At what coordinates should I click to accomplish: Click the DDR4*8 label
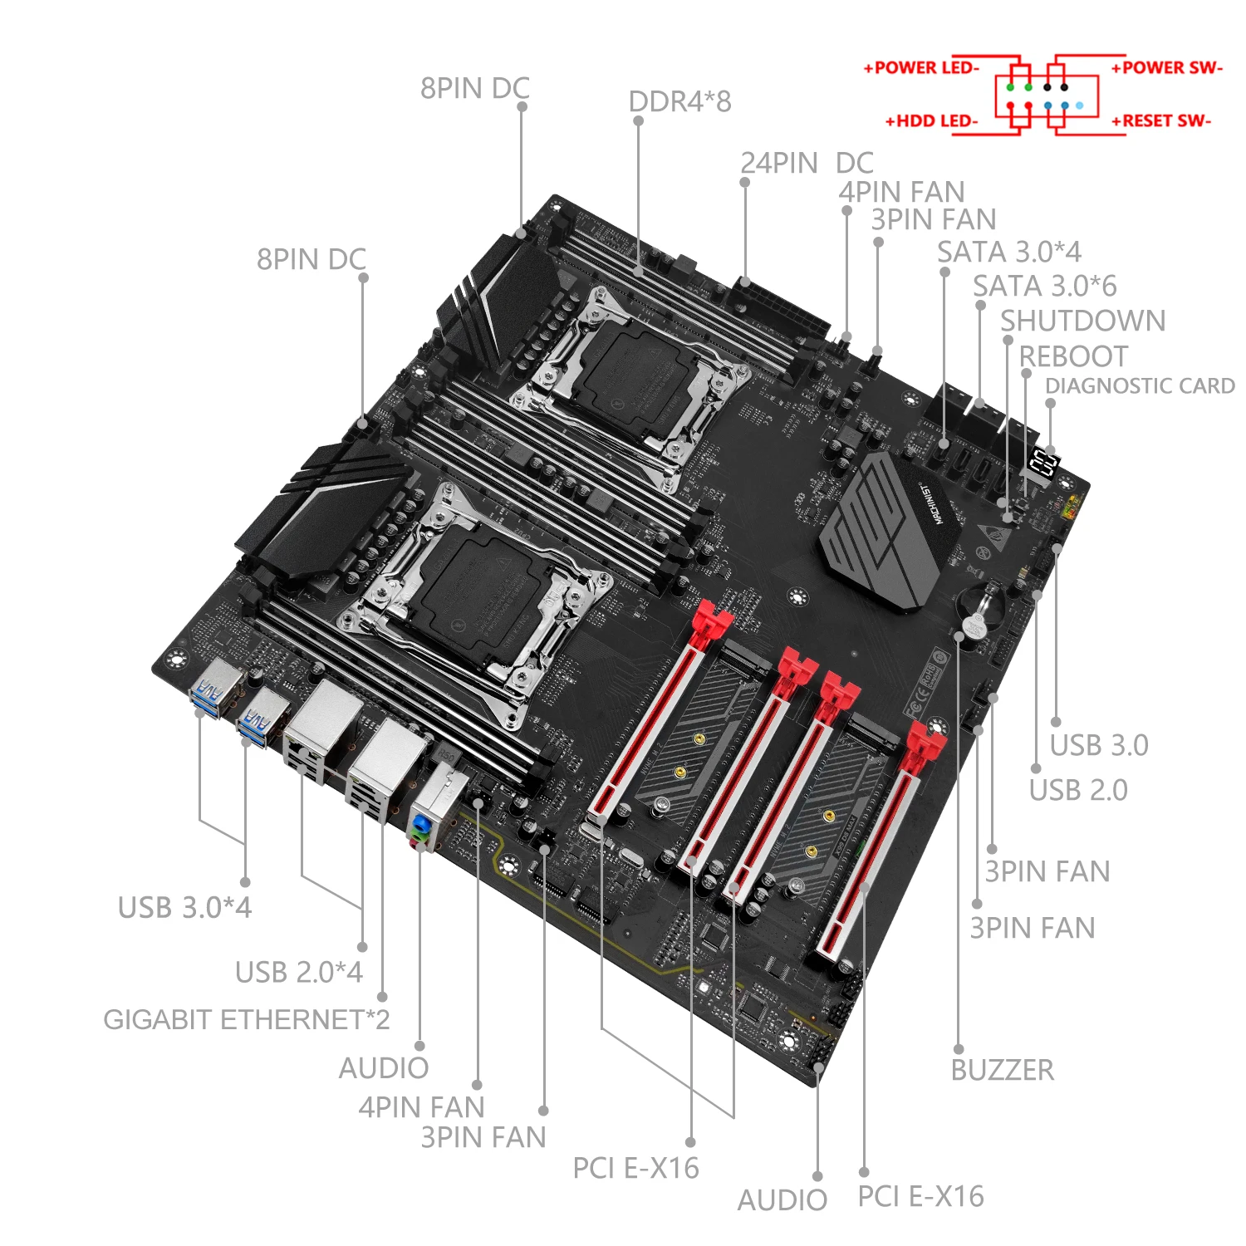pyautogui.click(x=679, y=101)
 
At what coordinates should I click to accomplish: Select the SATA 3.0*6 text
pyautogui.click(x=1044, y=286)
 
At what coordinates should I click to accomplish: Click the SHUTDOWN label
pyautogui.click(x=1082, y=321)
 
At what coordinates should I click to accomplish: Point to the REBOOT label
pyautogui.click(x=1073, y=356)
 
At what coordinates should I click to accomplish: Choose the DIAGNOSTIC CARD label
pyautogui.click(x=1140, y=386)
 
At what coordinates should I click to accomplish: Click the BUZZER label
pyautogui.click(x=1002, y=1070)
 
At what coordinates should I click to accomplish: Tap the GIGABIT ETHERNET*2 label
pyautogui.click(x=246, y=1019)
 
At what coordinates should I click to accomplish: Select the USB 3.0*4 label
pyautogui.click(x=184, y=907)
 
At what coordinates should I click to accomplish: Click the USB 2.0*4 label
pyautogui.click(x=298, y=972)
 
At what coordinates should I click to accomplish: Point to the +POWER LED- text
pyautogui.click(x=921, y=68)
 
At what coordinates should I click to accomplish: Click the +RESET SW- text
pyautogui.click(x=1161, y=121)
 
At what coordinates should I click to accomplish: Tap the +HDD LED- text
pyautogui.click(x=931, y=121)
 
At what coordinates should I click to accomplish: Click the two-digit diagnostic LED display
pyautogui.click(x=1042, y=462)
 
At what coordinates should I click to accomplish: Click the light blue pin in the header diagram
pyautogui.click(x=1079, y=105)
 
